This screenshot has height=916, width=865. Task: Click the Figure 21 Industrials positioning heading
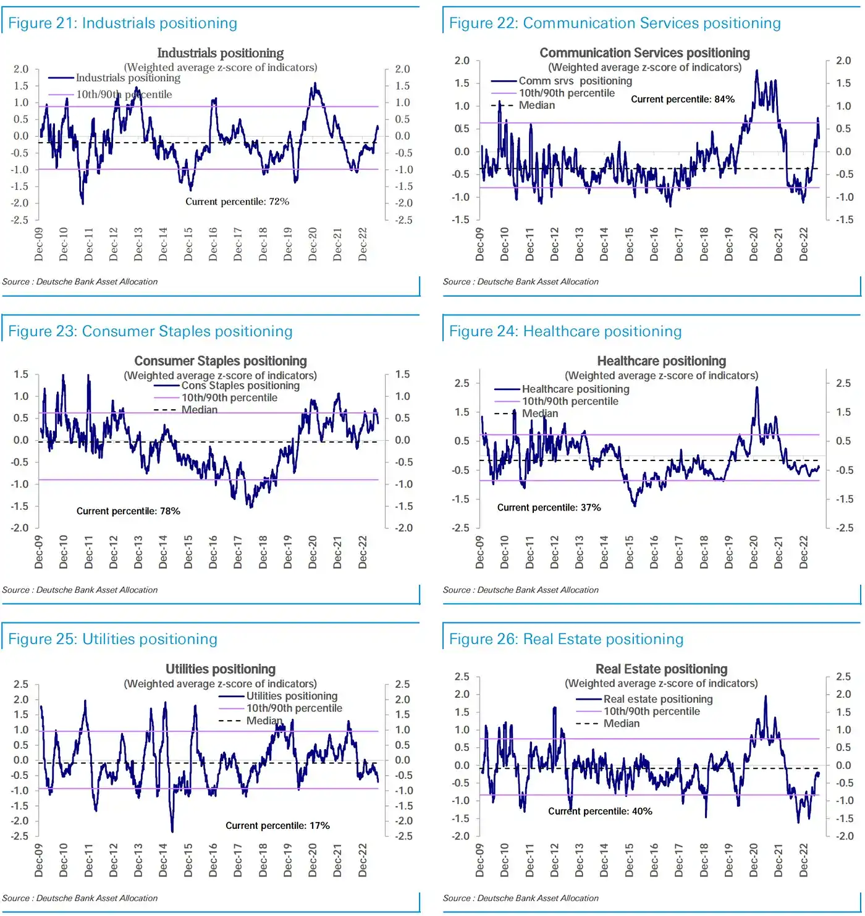tap(122, 23)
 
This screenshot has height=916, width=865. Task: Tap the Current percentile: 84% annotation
tap(683, 100)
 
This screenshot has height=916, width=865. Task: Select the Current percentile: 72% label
tap(237, 201)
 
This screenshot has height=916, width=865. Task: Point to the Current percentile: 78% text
tap(128, 511)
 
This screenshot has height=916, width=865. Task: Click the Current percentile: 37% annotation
tap(549, 507)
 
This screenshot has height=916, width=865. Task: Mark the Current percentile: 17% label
tap(277, 826)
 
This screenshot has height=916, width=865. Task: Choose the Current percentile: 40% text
tap(600, 812)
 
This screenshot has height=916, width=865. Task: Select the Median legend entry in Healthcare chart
tap(539, 413)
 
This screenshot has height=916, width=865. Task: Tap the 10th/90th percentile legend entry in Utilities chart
tap(293, 708)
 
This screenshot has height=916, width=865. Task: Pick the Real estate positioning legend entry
tap(657, 699)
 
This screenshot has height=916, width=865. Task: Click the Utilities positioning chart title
tap(221, 669)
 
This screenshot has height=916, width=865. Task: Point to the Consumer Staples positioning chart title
tap(221, 361)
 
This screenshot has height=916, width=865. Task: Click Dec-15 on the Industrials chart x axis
tap(188, 244)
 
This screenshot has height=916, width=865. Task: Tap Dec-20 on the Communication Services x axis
tap(753, 244)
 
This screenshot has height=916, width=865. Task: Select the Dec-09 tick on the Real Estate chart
tap(480, 860)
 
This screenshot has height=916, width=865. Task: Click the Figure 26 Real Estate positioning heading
tap(566, 639)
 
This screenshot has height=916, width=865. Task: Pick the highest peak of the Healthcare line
tap(757, 388)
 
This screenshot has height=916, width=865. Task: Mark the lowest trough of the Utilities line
tap(172, 831)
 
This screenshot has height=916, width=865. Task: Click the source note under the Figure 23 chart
tap(80, 590)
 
